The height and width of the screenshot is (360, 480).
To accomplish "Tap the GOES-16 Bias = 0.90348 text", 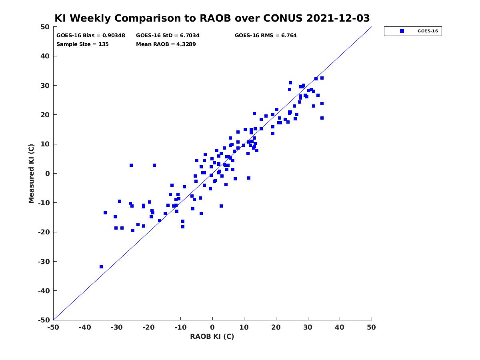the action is [x=90, y=36].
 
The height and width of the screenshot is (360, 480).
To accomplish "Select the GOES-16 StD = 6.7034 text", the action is [x=168, y=36].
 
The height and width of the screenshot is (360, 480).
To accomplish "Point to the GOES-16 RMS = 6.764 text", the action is [x=266, y=36].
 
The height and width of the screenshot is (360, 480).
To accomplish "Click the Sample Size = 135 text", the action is [x=82, y=44].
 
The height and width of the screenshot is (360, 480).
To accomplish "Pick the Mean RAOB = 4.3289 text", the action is [x=166, y=44].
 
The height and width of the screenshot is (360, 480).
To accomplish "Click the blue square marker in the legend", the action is [x=402, y=31].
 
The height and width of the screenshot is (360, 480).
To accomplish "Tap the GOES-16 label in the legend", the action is [x=428, y=31].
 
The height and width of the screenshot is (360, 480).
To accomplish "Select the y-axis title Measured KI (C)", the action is [x=31, y=174].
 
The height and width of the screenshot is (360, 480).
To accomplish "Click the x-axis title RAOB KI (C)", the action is [x=212, y=336].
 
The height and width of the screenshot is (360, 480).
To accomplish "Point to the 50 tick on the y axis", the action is [x=45, y=27].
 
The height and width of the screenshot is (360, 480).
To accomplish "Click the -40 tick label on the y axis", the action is [x=44, y=291].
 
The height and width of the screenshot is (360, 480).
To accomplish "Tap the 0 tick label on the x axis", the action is [x=212, y=327].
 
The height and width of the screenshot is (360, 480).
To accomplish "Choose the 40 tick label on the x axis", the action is [x=340, y=327].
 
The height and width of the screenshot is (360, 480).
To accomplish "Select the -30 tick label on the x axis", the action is [x=117, y=327].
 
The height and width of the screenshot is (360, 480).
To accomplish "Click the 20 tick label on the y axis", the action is [x=45, y=115].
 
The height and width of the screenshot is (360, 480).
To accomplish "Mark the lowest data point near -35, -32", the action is [x=101, y=267].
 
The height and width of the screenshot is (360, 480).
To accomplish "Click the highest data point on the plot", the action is [x=322, y=78].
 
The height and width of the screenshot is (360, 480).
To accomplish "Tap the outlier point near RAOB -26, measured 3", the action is [x=131, y=165].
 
